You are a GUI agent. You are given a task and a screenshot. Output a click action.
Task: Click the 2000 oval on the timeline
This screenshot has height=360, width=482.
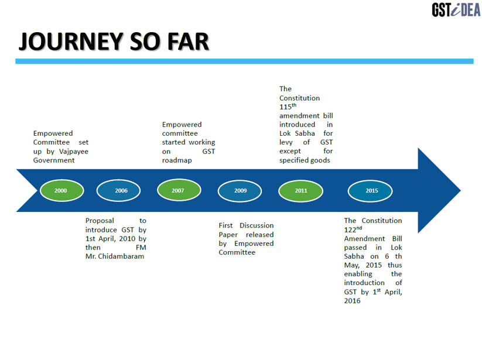[61, 190]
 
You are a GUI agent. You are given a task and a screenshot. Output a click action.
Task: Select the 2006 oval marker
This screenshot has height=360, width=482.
[118, 190]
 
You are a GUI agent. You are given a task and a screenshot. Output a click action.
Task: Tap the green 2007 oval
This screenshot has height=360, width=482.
[179, 190]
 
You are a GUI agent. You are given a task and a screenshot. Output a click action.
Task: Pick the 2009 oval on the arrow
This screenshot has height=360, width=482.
[240, 191]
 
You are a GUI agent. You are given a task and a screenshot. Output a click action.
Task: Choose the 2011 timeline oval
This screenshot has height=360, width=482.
[300, 191]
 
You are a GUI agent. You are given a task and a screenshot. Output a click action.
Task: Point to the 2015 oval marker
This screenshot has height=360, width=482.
[370, 191]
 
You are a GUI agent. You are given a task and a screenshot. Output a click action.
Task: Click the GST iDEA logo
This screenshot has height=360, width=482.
[456, 10]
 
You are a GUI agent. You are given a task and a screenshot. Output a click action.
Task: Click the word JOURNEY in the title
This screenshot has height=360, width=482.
[71, 41]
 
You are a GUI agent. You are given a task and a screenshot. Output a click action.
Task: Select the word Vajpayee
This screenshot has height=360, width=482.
[73, 152]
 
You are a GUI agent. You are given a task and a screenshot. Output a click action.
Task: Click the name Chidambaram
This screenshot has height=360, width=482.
[121, 256]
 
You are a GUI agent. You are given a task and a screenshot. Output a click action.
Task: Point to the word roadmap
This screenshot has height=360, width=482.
[177, 160]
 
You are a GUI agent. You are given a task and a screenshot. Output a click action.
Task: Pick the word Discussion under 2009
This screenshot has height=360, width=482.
[257, 225]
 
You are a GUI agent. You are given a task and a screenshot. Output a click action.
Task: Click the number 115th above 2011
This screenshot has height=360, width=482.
[288, 107]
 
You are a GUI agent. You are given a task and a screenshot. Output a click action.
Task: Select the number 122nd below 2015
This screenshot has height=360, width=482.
[353, 229]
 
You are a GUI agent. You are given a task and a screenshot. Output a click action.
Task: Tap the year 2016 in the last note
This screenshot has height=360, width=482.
[353, 301]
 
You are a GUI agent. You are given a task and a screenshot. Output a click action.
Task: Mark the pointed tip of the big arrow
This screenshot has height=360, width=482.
[460, 190]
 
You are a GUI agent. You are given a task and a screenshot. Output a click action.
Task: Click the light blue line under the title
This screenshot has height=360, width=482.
[244, 61]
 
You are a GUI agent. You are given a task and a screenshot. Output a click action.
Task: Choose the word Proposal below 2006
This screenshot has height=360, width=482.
[100, 221]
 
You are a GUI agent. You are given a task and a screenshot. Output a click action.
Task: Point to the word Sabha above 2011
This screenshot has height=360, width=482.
[305, 133]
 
